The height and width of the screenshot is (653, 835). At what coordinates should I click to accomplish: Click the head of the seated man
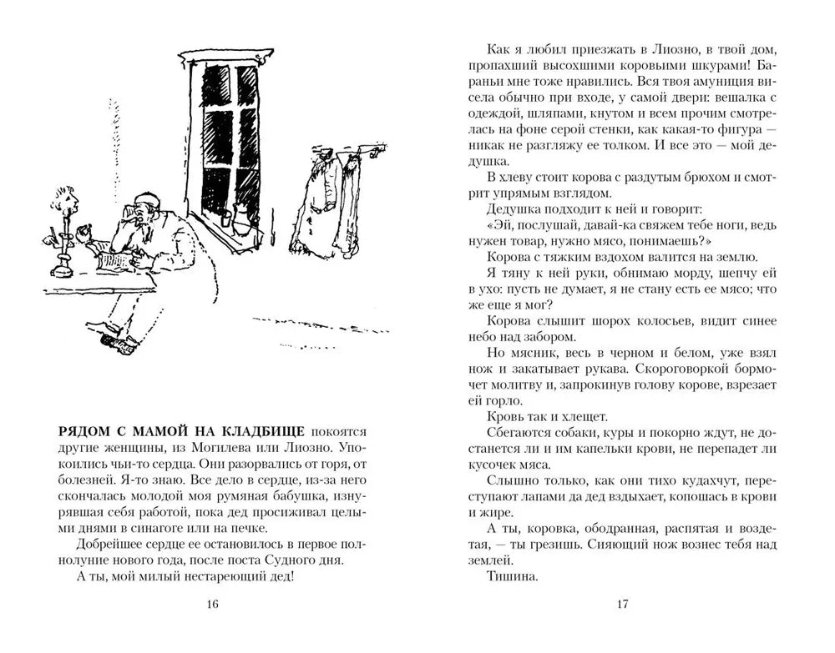pyautogui.click(x=144, y=215)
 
